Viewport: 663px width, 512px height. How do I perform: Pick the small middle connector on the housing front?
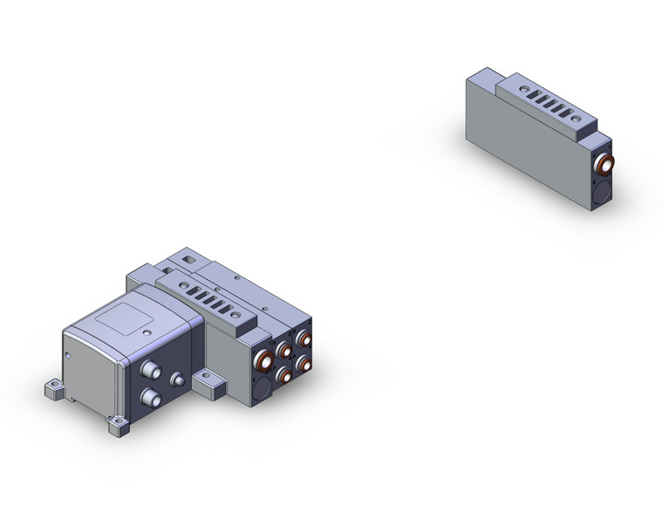[x=178, y=380]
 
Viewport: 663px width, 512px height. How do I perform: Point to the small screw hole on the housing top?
[x=147, y=332]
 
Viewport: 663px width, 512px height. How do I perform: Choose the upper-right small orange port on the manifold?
[x=303, y=339]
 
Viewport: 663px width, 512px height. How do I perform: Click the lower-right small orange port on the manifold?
[x=304, y=363]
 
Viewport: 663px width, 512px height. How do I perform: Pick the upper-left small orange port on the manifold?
[x=284, y=350]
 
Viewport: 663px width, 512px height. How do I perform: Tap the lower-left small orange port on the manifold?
[x=284, y=374]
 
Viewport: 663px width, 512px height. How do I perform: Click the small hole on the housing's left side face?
[x=66, y=354]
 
